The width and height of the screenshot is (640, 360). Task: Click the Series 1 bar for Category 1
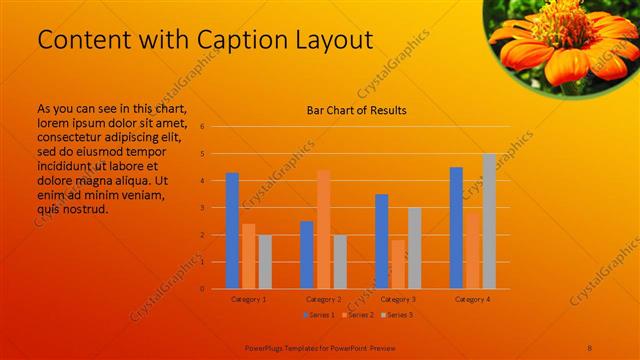232,231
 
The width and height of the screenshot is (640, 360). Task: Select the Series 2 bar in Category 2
323,229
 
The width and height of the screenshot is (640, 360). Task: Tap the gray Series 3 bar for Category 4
489,221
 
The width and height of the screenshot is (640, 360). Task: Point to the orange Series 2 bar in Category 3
398,264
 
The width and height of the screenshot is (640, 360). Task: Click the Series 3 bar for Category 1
265,262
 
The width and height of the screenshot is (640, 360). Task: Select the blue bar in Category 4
456,228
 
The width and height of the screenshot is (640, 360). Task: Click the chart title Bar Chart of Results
356,110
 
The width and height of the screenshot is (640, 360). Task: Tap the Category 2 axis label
323,299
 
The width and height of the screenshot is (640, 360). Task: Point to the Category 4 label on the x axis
472,299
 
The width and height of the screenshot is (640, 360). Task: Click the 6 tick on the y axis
202,127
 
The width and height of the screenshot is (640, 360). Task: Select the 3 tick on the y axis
202,208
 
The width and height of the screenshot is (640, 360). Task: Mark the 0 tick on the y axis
202,289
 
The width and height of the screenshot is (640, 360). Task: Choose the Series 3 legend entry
397,315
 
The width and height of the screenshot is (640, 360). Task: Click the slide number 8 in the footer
590,346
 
